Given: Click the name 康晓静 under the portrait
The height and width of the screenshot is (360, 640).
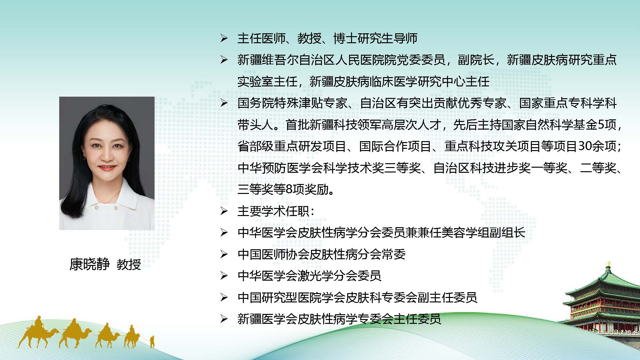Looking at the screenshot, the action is tap(90, 264).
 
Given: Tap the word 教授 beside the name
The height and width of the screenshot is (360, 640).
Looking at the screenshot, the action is tap(129, 264).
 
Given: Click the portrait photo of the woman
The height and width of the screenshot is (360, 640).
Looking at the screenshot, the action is tap(107, 163).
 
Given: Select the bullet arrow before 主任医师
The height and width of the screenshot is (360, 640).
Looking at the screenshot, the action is tap(224, 39).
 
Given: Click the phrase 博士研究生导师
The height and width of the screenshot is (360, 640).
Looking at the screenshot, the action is tap(375, 38).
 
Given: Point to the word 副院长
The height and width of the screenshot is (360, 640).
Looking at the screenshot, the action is tap(476, 60).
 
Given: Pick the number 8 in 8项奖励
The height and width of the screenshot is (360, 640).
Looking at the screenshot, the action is tap(288, 189).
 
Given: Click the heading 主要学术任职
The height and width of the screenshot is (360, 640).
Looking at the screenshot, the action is tap(273, 211).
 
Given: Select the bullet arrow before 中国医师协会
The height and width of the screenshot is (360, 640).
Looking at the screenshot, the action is tap(224, 254).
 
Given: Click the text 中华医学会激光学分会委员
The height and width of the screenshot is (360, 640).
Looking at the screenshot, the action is tap(309, 276).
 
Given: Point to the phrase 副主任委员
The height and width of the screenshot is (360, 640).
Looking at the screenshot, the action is tap(447, 298).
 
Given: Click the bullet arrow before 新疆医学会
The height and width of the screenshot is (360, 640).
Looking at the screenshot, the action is tap(224, 319).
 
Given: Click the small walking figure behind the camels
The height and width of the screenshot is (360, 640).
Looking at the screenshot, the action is tap(152, 341).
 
